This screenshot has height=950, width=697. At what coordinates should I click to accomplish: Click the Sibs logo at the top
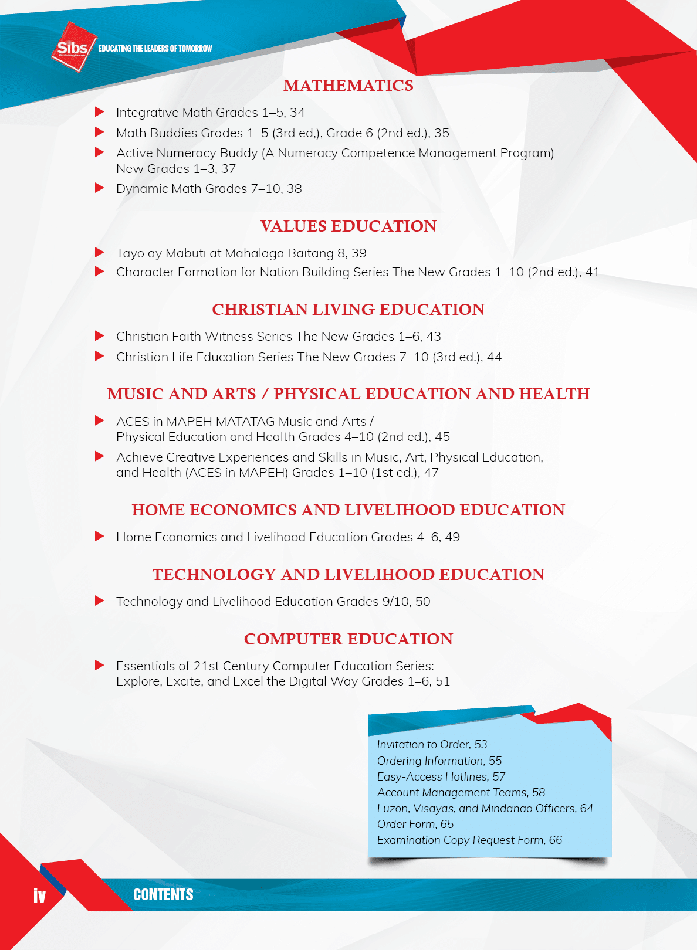(73, 47)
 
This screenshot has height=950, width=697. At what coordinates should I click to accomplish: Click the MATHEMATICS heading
(348, 86)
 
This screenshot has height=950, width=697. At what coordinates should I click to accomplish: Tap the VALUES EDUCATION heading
(348, 226)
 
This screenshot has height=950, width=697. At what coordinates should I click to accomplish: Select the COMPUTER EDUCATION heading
(348, 639)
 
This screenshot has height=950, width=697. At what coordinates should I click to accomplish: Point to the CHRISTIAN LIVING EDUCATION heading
(348, 310)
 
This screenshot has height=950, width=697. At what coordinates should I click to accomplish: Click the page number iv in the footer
(39, 895)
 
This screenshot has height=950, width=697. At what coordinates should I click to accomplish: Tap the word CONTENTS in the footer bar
(163, 895)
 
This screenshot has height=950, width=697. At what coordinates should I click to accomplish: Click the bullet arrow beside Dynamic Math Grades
(100, 188)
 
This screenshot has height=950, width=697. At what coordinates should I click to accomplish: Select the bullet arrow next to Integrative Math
(100, 112)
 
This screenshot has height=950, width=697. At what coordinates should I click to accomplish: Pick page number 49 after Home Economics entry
(452, 537)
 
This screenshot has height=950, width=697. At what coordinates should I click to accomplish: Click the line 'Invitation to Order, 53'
(432, 744)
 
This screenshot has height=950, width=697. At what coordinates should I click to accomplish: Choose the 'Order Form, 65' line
(415, 824)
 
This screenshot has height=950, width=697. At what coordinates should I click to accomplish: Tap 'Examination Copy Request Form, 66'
(469, 840)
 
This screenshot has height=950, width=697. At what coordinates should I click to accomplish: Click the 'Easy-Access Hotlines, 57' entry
(441, 776)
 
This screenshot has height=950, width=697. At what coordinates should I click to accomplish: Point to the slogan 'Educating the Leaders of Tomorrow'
(155, 49)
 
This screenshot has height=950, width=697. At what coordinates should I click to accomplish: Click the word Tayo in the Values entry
(130, 253)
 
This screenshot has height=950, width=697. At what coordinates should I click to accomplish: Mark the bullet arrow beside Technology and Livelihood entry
(100, 601)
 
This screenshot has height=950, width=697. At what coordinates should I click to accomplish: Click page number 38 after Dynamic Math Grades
(295, 189)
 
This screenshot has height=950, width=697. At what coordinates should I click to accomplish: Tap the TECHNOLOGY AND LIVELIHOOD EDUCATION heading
(348, 575)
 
